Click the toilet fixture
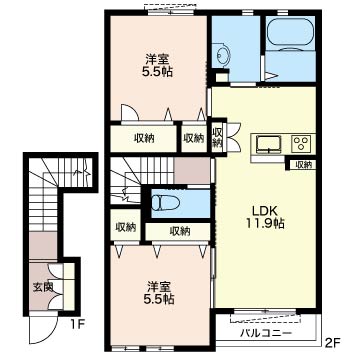165,202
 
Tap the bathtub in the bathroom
290,33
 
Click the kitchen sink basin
269,144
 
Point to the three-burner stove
302,144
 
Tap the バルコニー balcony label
266,333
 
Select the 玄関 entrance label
43,287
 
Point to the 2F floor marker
332,342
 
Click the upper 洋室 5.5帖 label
157,66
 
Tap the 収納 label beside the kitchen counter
303,164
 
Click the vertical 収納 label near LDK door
217,137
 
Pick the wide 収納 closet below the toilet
178,231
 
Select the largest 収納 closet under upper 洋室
143,138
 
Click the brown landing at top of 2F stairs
192,170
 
